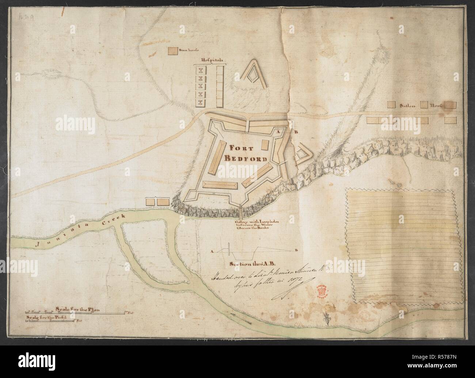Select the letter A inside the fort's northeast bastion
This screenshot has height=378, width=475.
278,130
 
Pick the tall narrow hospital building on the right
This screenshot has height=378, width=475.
220,86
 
